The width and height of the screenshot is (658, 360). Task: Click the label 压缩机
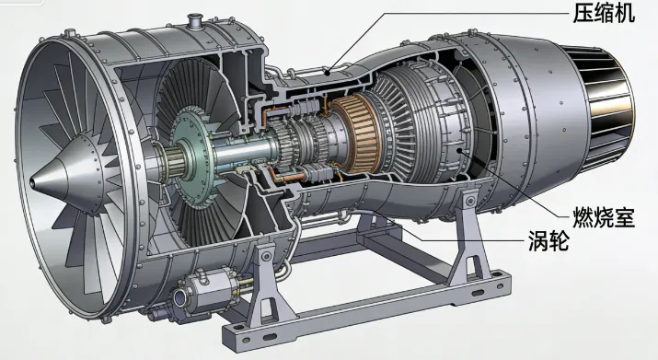(604, 13)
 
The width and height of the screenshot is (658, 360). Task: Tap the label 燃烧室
(604, 217)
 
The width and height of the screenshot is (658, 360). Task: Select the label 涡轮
(548, 241)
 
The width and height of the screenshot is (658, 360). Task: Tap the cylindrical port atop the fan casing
(195, 21)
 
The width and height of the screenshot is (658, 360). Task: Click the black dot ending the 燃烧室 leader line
(459, 150)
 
